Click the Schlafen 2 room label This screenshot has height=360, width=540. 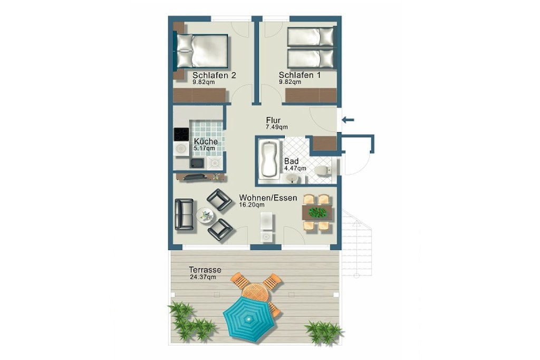214,75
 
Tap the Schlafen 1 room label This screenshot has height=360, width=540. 300,75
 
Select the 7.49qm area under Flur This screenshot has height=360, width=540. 276,127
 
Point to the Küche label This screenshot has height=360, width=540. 206,141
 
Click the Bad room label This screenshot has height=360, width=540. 291,161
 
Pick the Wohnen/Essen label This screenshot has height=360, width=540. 268,198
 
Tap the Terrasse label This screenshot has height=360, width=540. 205,270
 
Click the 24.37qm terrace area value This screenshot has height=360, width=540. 203,277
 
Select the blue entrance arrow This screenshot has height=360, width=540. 348,120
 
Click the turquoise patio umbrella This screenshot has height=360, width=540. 249,319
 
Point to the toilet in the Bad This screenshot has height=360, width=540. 323,170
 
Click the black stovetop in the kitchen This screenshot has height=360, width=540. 181,134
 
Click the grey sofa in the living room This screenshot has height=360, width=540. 184,214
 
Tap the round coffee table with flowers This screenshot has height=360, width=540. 205,216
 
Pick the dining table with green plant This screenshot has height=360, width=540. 317,212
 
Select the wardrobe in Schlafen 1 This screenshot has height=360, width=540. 311,95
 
